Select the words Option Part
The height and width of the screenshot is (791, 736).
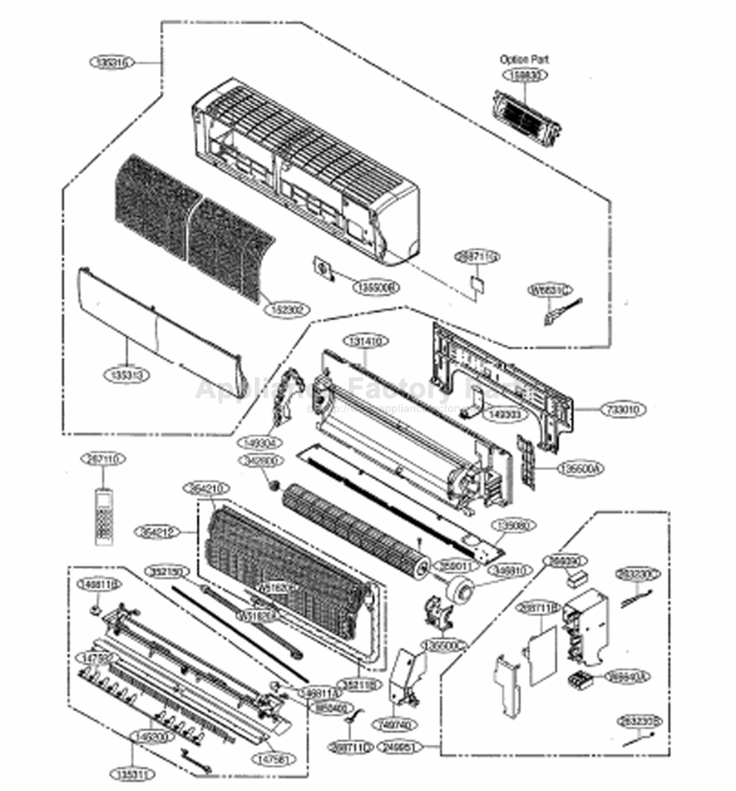coord(524,59)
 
